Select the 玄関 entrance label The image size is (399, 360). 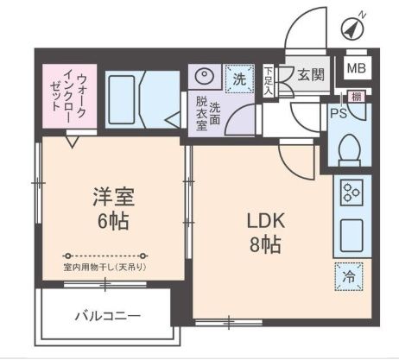tap(310, 75)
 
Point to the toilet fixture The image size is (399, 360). tap(350, 146)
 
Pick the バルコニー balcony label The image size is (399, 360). tap(107, 314)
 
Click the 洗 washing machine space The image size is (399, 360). tap(239, 78)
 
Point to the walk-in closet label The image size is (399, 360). tap(68, 96)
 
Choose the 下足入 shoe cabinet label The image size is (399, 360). tap(269, 80)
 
